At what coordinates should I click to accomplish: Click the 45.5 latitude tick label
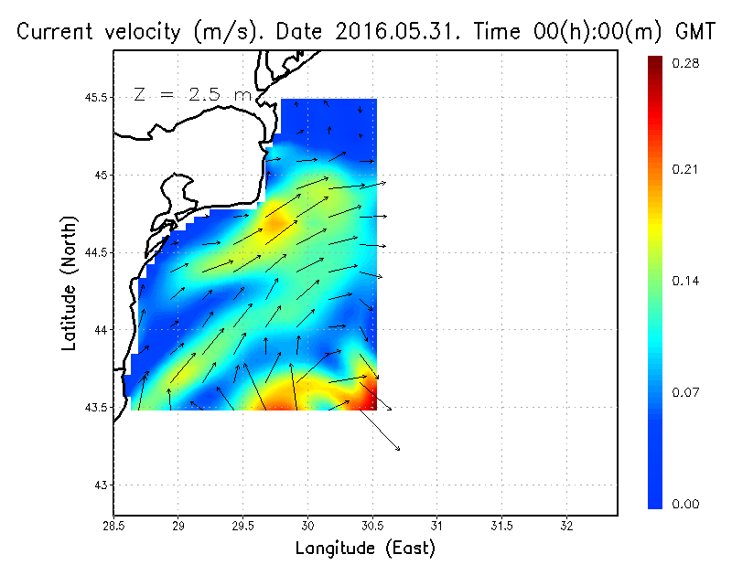coord(93,98)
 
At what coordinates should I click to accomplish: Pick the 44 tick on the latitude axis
coord(101,329)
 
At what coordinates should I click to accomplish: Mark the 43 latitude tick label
coord(101,484)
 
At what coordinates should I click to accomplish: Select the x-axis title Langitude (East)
coord(365,549)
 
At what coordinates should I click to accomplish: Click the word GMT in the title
coord(694,31)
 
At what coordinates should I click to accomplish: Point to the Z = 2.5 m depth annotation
coord(191,94)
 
